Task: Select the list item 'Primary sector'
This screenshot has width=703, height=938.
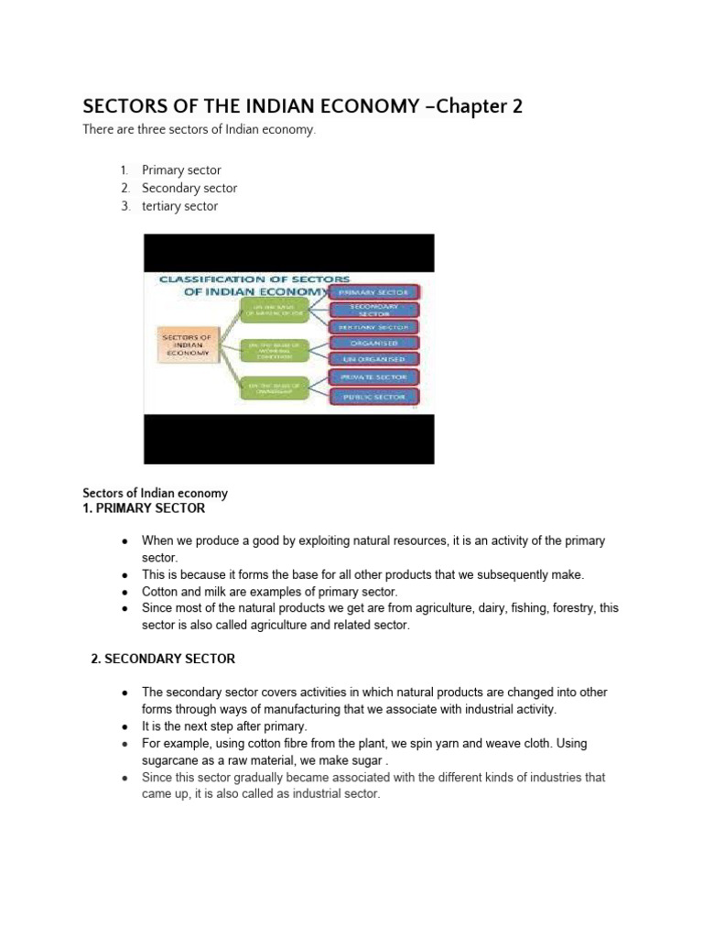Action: point(181,170)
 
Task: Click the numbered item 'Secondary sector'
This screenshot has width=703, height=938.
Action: point(189,188)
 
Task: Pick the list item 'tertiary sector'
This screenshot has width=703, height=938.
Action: point(180,206)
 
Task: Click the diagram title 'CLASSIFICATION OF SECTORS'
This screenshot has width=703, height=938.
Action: point(254,278)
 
